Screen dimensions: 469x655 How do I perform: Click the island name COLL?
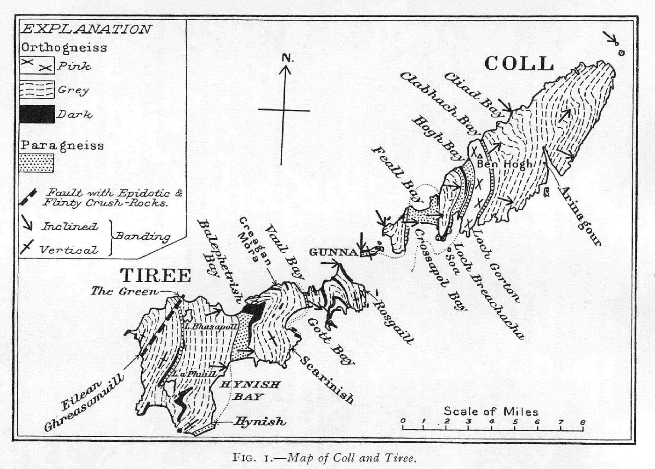(x=519, y=64)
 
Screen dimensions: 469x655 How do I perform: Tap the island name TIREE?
(x=156, y=275)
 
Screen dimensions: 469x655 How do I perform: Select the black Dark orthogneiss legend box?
(x=36, y=114)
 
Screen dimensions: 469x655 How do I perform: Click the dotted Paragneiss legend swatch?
(x=36, y=163)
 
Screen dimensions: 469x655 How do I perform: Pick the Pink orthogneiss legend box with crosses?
(x=36, y=66)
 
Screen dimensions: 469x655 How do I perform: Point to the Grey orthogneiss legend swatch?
(x=36, y=89)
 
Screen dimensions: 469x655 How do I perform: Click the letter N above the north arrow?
(x=287, y=59)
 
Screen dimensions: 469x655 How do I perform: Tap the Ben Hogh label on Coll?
(x=504, y=164)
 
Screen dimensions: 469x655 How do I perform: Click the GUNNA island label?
(x=333, y=252)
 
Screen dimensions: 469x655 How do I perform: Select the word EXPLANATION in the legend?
(x=87, y=29)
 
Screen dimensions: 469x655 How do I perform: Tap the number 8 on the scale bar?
(x=582, y=422)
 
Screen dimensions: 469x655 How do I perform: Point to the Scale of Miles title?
(x=490, y=411)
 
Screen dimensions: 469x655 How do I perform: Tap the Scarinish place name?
(x=327, y=380)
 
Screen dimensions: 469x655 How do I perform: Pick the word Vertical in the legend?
(x=69, y=250)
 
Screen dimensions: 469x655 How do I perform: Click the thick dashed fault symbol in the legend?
(x=29, y=197)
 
